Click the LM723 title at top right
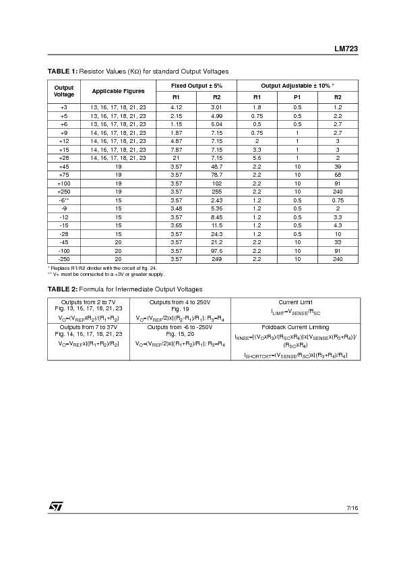345,49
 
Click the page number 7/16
352,507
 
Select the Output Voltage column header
64,90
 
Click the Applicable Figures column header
118,90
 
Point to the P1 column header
297,97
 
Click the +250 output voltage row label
64,191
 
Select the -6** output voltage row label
64,200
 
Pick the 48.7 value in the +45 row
216,166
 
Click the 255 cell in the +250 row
216,191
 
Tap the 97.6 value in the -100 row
216,250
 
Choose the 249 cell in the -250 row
216,259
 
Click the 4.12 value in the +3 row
177,107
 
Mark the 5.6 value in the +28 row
257,157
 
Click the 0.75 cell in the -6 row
338,200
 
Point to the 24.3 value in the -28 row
216,233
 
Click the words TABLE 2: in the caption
62,289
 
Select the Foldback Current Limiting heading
296,326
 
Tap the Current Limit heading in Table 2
296,302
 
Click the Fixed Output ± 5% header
196,85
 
